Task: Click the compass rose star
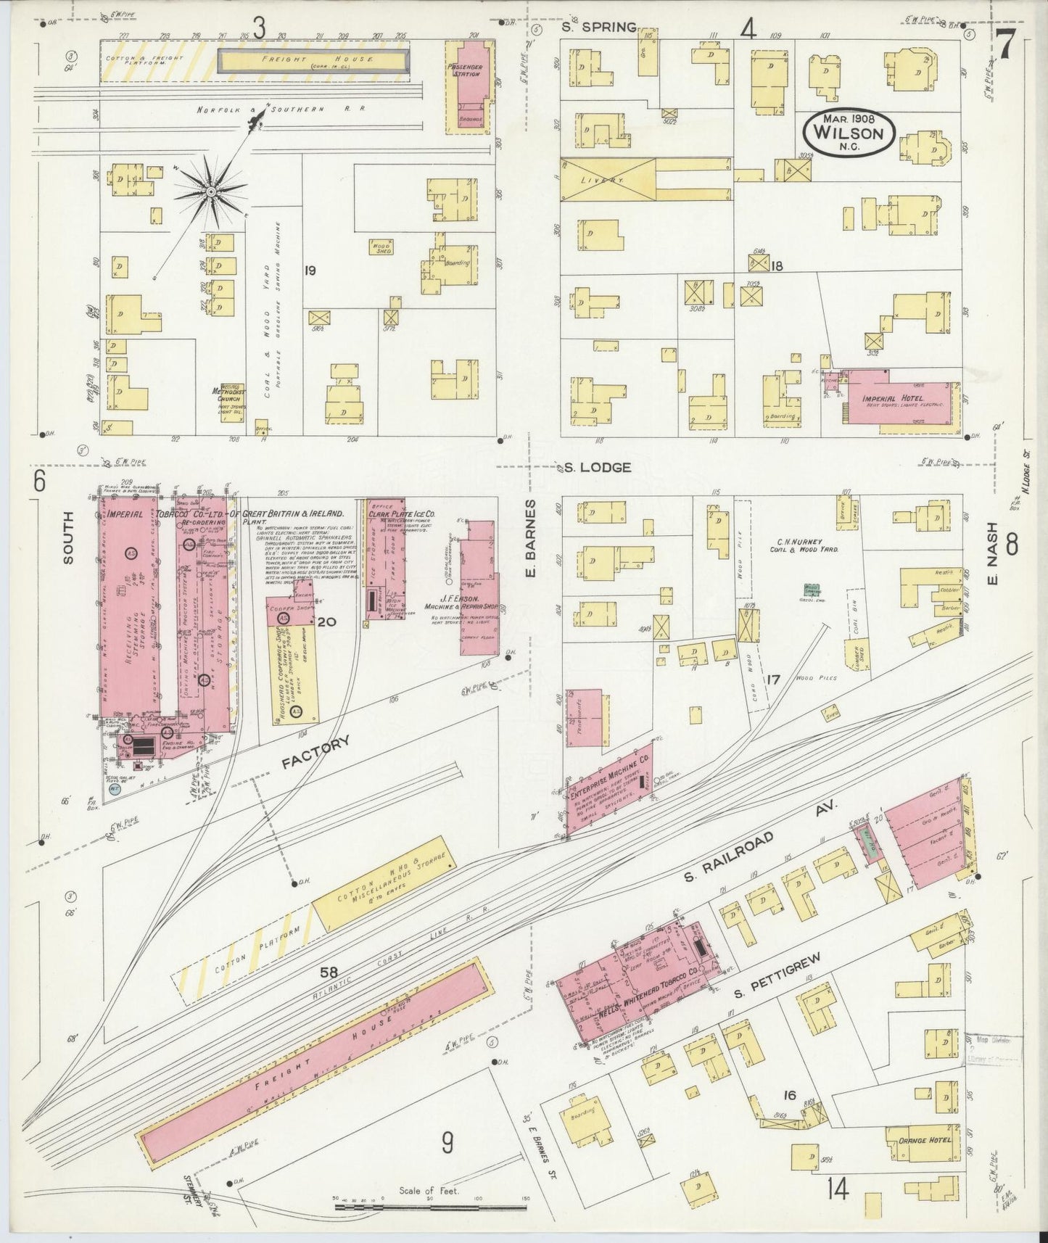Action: [210, 191]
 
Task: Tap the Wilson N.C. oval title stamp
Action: [849, 133]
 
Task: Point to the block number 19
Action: [310, 271]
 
